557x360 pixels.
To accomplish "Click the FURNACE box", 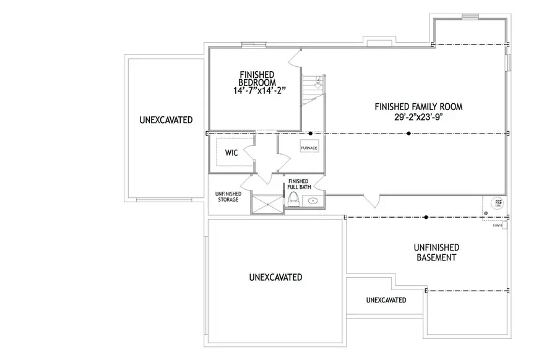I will (309, 148).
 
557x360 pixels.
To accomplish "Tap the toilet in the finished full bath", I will (293, 199).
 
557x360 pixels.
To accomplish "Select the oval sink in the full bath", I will (313, 200).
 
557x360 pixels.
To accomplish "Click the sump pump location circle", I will (497, 202).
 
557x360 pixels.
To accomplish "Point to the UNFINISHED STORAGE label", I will (227, 197).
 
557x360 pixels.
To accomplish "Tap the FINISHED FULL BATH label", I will (299, 184).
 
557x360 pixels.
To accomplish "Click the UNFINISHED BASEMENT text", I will (436, 252).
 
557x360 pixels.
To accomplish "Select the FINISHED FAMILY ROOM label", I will (418, 106).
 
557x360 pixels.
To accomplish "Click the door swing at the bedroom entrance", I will (294, 58).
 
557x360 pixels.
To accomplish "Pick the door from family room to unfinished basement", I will (372, 201).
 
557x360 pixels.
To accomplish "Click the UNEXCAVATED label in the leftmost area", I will (165, 119).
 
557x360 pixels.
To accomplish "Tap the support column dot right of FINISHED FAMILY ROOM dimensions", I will (407, 133).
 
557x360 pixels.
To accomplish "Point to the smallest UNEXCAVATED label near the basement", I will (386, 300).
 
